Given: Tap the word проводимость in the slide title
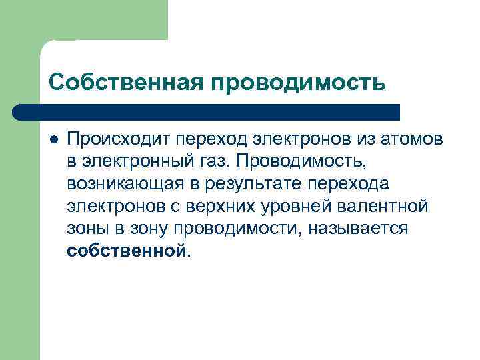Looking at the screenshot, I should [x=298, y=82].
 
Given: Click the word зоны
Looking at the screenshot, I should [x=87, y=229].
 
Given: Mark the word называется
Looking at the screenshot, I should [x=364, y=229].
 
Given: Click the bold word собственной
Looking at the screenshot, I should [x=127, y=252].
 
